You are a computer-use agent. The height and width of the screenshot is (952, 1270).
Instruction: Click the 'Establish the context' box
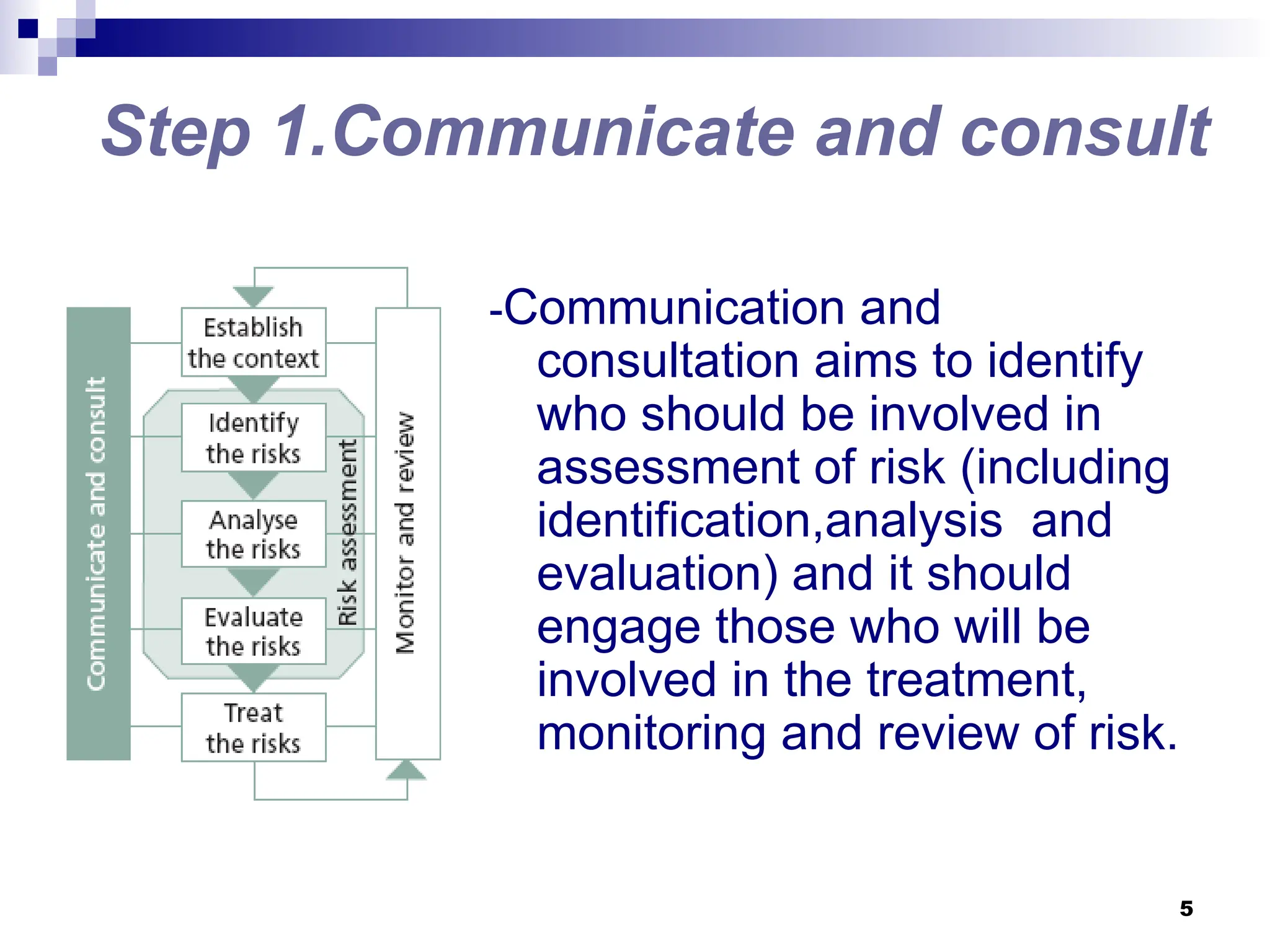click(253, 342)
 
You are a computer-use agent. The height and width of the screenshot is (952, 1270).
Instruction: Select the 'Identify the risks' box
click(253, 438)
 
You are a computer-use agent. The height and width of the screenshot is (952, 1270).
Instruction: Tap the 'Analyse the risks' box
click(253, 534)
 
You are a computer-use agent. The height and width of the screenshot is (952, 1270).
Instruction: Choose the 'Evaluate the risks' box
click(253, 631)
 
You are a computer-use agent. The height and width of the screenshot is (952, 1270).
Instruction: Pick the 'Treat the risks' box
click(253, 727)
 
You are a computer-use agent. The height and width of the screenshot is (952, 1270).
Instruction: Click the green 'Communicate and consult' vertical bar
click(98, 533)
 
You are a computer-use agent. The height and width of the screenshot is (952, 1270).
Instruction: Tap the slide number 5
click(1186, 909)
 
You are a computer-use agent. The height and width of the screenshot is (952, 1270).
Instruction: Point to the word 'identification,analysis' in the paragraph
click(769, 521)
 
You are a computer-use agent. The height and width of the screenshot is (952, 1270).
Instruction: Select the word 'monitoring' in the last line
click(651, 734)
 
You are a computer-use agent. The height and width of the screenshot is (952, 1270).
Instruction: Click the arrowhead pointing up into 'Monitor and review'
click(406, 770)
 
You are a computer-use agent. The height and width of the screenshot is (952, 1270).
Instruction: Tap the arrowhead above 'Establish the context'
click(253, 296)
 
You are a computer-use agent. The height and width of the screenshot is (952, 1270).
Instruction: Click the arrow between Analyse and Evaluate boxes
click(253, 581)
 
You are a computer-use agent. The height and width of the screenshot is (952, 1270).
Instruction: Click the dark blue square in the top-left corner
click(28, 29)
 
